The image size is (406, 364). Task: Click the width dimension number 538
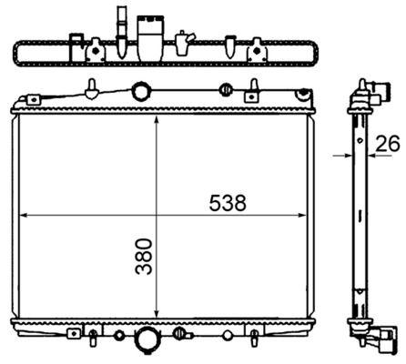tap(228, 203)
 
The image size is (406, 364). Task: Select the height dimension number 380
tap(144, 257)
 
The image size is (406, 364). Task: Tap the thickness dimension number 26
tap(388, 144)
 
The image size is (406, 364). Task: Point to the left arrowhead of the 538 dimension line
tap(24, 216)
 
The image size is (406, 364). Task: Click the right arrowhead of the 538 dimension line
tap(302, 216)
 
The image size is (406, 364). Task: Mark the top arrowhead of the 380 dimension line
tap(157, 119)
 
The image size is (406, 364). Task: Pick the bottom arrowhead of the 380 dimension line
tap(157, 313)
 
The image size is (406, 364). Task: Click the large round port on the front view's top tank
tap(141, 91)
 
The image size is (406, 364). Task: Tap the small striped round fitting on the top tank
tap(226, 89)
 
